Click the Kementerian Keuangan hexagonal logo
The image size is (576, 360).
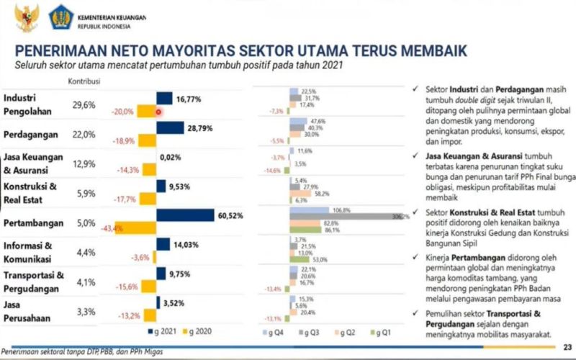click(60, 17)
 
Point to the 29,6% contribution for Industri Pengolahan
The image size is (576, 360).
click(84, 105)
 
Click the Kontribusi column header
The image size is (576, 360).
click(84, 81)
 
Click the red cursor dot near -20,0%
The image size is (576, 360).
click(158, 112)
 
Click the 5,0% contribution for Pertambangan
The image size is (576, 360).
click(84, 222)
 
